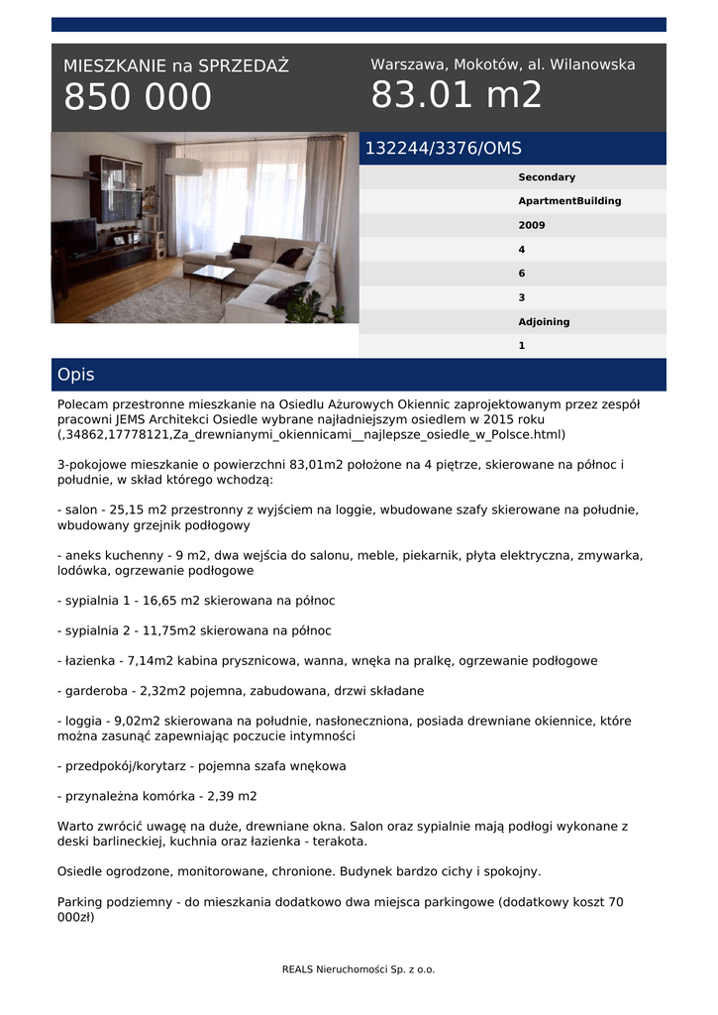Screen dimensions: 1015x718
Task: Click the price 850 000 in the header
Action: [138, 97]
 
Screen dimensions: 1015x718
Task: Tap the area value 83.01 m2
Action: [457, 95]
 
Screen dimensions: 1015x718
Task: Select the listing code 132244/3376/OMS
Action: [443, 149]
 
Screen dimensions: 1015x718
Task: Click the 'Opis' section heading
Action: [76, 375]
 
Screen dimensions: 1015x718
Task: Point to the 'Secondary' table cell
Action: [546, 177]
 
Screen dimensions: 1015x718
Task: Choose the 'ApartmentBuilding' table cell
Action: [569, 201]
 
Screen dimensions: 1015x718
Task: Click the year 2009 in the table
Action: [532, 225]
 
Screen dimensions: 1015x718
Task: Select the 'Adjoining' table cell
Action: [544, 322]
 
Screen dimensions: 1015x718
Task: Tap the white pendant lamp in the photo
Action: [182, 166]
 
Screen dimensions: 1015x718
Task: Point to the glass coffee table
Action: [212, 273]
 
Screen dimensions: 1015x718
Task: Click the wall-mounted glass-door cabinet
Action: [115, 187]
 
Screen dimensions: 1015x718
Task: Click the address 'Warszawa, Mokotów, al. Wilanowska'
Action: [502, 64]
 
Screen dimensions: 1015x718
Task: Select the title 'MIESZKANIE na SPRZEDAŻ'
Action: [175, 66]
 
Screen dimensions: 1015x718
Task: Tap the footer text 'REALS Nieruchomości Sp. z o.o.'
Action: [359, 969]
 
